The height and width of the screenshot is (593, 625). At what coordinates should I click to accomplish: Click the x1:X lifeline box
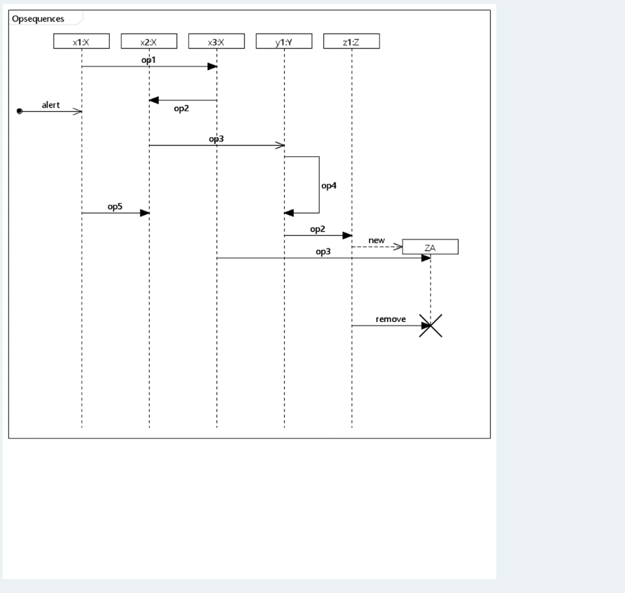point(81,42)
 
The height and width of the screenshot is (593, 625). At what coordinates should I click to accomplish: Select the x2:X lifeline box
point(148,42)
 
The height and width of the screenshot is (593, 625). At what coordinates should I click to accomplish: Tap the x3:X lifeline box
point(216,42)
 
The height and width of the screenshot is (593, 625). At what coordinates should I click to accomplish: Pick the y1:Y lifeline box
point(283,42)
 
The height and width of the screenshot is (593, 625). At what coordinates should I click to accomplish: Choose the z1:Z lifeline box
point(351,42)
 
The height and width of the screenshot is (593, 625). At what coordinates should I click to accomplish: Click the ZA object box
point(430,247)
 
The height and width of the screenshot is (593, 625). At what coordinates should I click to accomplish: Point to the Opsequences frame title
point(38,18)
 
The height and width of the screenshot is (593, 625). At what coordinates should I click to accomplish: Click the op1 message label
point(148,60)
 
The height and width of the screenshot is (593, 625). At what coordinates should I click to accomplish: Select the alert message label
point(50,105)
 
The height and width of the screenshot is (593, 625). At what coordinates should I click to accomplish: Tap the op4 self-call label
point(329,186)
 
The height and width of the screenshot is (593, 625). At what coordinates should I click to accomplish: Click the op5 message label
point(115,207)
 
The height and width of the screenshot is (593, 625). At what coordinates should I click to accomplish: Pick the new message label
point(377,240)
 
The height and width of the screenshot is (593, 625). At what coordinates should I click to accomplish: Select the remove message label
point(391,319)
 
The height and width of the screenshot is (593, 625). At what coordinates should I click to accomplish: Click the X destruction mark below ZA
point(430,326)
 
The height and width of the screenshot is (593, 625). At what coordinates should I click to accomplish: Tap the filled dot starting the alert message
point(20,111)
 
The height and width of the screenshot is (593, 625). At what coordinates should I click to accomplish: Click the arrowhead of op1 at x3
point(212,67)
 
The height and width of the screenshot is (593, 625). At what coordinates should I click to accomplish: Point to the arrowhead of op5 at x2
point(145,213)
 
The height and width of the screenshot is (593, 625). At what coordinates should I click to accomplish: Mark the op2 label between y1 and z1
point(318,229)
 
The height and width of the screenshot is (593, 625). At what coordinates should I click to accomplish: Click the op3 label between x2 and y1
point(216,139)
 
